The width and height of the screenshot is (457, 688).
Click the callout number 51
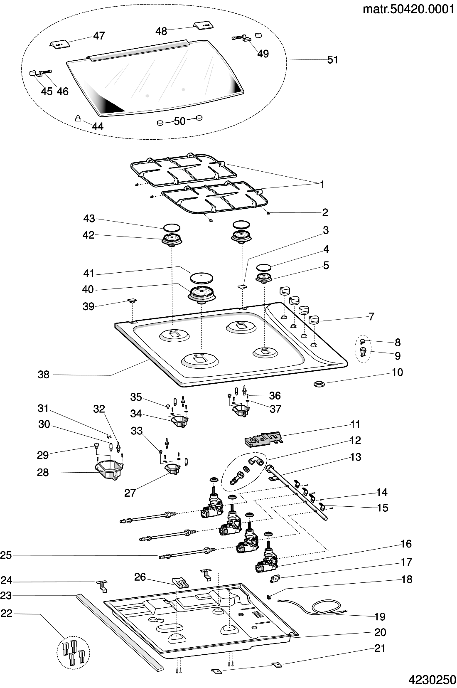click(x=333, y=60)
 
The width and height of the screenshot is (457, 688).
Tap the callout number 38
click(x=43, y=375)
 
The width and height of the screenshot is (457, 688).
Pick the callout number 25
click(x=6, y=555)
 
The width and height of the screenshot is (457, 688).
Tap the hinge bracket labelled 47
click(x=59, y=44)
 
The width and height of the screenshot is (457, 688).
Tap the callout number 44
click(x=98, y=126)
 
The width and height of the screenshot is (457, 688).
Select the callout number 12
click(x=355, y=440)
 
